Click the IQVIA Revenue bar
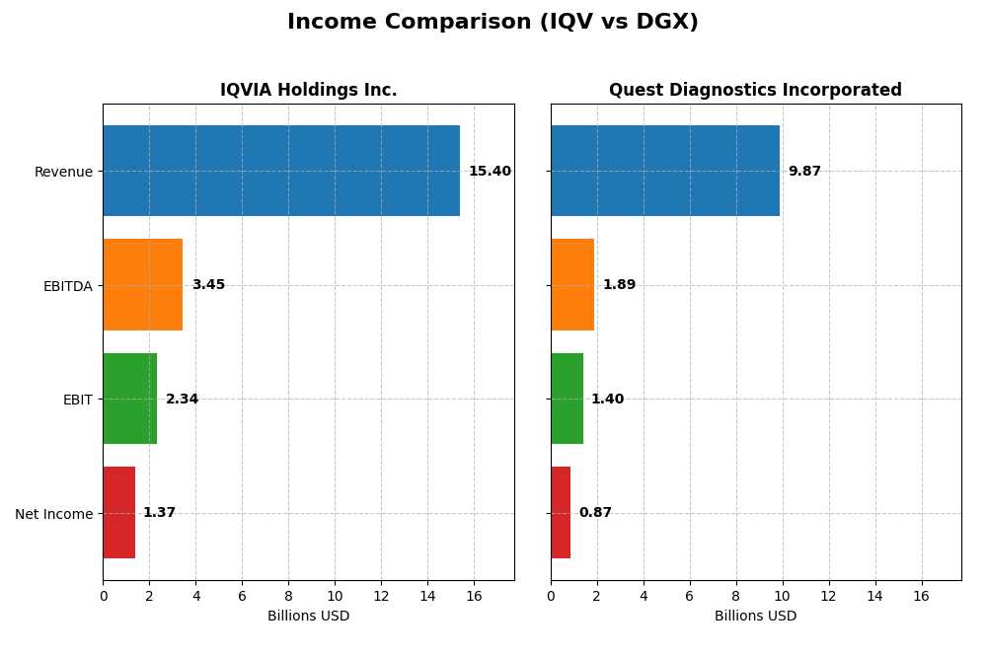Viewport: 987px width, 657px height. coord(281,171)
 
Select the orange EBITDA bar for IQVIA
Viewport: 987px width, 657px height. coord(143,285)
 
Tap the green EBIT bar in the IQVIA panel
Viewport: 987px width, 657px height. coord(130,399)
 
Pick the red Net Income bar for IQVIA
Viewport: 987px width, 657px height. coord(119,513)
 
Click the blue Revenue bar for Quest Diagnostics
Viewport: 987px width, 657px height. coord(665,171)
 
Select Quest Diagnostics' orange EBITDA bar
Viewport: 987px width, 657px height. coord(572,285)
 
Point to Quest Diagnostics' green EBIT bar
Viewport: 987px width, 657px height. coord(567,399)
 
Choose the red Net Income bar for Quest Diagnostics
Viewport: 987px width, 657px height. coord(561,513)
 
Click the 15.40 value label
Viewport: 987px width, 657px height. coord(490,172)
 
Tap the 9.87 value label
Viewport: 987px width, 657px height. coord(804,172)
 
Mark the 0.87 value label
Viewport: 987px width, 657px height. coord(595,513)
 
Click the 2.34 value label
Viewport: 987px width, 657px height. coord(182,400)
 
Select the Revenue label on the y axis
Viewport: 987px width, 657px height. coord(63,172)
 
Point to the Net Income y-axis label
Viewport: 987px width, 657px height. coord(53,514)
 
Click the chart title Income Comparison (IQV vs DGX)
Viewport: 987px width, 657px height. coord(493,23)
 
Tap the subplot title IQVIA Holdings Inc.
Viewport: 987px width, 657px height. coord(308,91)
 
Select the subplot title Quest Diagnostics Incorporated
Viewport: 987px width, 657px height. coord(755,91)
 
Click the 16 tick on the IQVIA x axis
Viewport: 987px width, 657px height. coord(474,596)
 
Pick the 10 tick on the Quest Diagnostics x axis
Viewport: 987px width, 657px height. coord(783,596)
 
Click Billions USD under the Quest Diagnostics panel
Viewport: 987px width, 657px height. coord(755,616)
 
